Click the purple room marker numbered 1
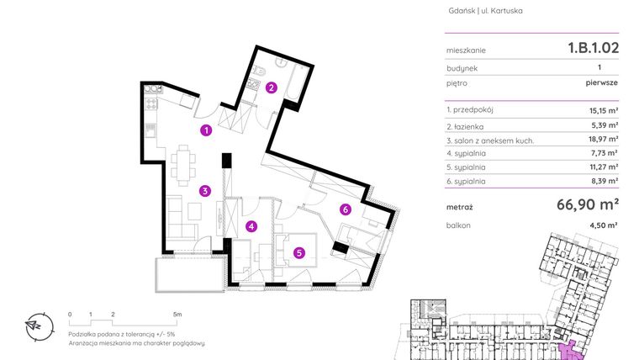[x=205, y=130]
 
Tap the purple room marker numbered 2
[x=271, y=86]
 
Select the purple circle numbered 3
[x=204, y=191]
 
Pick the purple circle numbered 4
[x=251, y=225]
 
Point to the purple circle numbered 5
[x=298, y=251]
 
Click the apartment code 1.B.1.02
[x=593, y=49]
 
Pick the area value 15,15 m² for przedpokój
[x=604, y=111]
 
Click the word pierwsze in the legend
[x=602, y=84]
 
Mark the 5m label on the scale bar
[x=177, y=314]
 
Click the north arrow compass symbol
[x=35, y=324]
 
